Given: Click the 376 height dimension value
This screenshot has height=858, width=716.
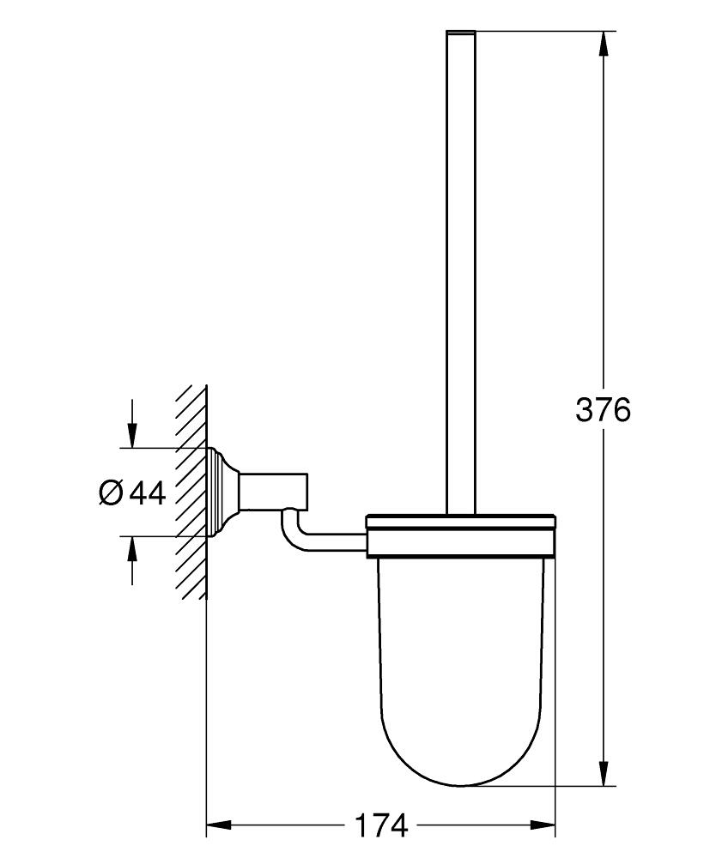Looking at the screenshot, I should (603, 410).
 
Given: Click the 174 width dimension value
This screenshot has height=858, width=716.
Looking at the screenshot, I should (381, 826).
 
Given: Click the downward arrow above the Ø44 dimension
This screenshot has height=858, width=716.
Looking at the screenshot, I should (131, 434).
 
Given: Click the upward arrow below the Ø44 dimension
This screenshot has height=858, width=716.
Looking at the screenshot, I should (131, 550).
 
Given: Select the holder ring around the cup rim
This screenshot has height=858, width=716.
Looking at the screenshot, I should (462, 536).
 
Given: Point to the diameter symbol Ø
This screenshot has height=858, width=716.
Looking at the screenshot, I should (111, 492).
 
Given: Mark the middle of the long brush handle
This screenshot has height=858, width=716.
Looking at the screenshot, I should (461, 275).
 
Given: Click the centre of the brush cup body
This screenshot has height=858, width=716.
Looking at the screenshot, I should (462, 652).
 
